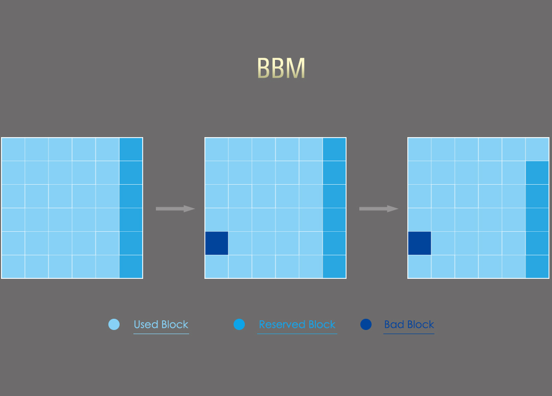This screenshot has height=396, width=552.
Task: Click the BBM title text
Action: coord(281,68)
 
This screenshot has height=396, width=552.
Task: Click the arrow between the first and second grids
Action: coord(175,209)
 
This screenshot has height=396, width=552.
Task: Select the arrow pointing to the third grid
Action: coord(378,209)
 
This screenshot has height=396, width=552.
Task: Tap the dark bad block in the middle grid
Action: coord(217,243)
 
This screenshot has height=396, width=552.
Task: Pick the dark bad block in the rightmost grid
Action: coord(420,243)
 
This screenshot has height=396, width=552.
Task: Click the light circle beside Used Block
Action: coord(114,324)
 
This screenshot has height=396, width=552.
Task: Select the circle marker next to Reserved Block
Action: coord(239,324)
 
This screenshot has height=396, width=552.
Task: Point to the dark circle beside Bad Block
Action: coord(365,324)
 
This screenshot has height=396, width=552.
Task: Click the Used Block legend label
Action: coord(161,324)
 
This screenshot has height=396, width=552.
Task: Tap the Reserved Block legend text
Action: coord(297,324)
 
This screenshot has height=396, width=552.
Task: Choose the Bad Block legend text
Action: coord(409,324)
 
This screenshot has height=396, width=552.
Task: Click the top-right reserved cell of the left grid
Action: coord(131,149)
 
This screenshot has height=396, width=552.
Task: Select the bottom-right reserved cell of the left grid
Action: coord(131,267)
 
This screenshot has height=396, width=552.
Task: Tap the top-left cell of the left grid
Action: coord(13,149)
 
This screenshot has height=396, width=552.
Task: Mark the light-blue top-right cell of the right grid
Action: coord(537,149)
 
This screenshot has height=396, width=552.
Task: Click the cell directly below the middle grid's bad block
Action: coord(217,267)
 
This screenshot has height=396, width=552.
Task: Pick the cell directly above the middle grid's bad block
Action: coord(217,219)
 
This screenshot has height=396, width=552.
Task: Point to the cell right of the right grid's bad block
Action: coord(443,243)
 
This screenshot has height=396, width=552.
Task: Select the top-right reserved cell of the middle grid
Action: coord(334,149)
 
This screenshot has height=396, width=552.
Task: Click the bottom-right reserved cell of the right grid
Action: coord(537,267)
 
